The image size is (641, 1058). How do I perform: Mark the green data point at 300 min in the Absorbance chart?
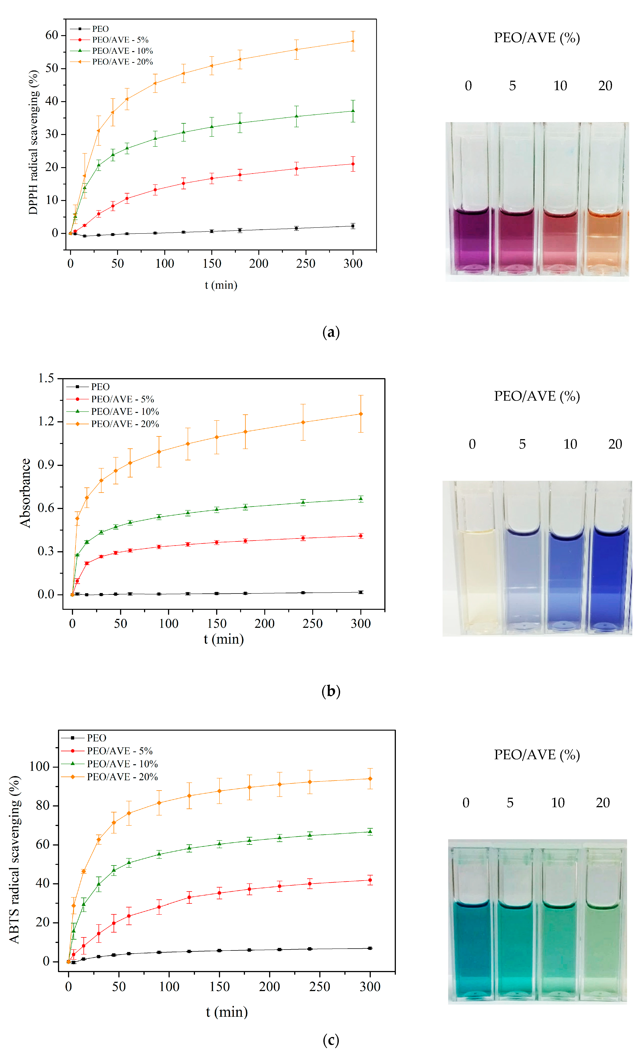pyautogui.click(x=361, y=499)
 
